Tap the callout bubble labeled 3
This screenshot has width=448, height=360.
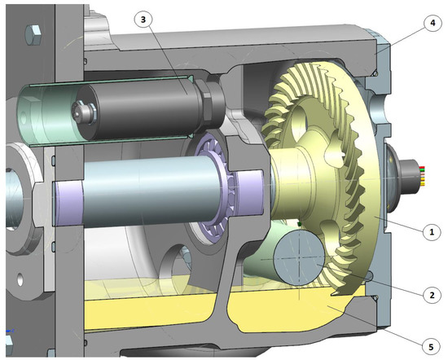pyautogui.click(x=143, y=18)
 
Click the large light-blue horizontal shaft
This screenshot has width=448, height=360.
pyautogui.click(x=147, y=187)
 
